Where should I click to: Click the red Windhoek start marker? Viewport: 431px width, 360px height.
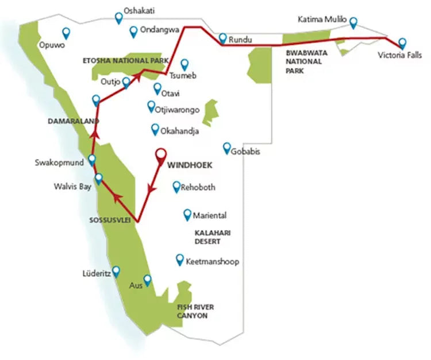[x=161, y=154]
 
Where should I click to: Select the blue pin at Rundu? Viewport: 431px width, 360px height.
[x=223, y=38]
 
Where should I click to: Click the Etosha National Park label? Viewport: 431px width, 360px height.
[x=125, y=60]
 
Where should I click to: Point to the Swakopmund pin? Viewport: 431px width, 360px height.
[x=91, y=160]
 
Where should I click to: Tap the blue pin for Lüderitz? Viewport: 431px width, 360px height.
[x=116, y=270]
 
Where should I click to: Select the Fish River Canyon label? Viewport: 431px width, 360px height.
[x=193, y=311]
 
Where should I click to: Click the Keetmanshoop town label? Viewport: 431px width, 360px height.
[x=212, y=262]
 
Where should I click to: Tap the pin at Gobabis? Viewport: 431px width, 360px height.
[x=227, y=147]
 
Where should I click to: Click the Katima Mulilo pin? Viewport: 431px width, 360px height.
[x=353, y=22]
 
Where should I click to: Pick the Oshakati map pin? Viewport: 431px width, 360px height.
[x=119, y=17]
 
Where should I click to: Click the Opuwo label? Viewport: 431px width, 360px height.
[x=50, y=44]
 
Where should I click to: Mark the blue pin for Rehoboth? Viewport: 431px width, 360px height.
[x=176, y=186]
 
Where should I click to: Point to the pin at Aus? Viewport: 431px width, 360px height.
[x=147, y=280]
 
